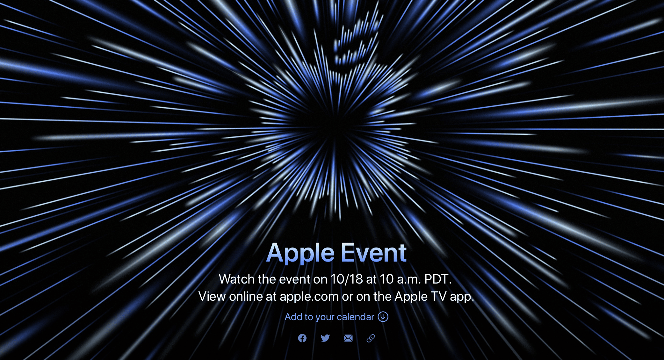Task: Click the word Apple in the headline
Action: tap(300, 253)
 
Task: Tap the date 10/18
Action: tap(347, 279)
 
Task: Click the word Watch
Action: tap(237, 279)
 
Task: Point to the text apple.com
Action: tap(309, 297)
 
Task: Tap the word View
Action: tap(212, 296)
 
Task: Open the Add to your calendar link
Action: tap(329, 317)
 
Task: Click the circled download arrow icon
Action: tap(383, 317)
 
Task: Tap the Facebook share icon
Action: tap(302, 338)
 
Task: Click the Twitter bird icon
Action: tap(325, 338)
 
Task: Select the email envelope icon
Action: tap(348, 338)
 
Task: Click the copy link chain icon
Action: tap(371, 338)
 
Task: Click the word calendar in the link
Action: tap(355, 317)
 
